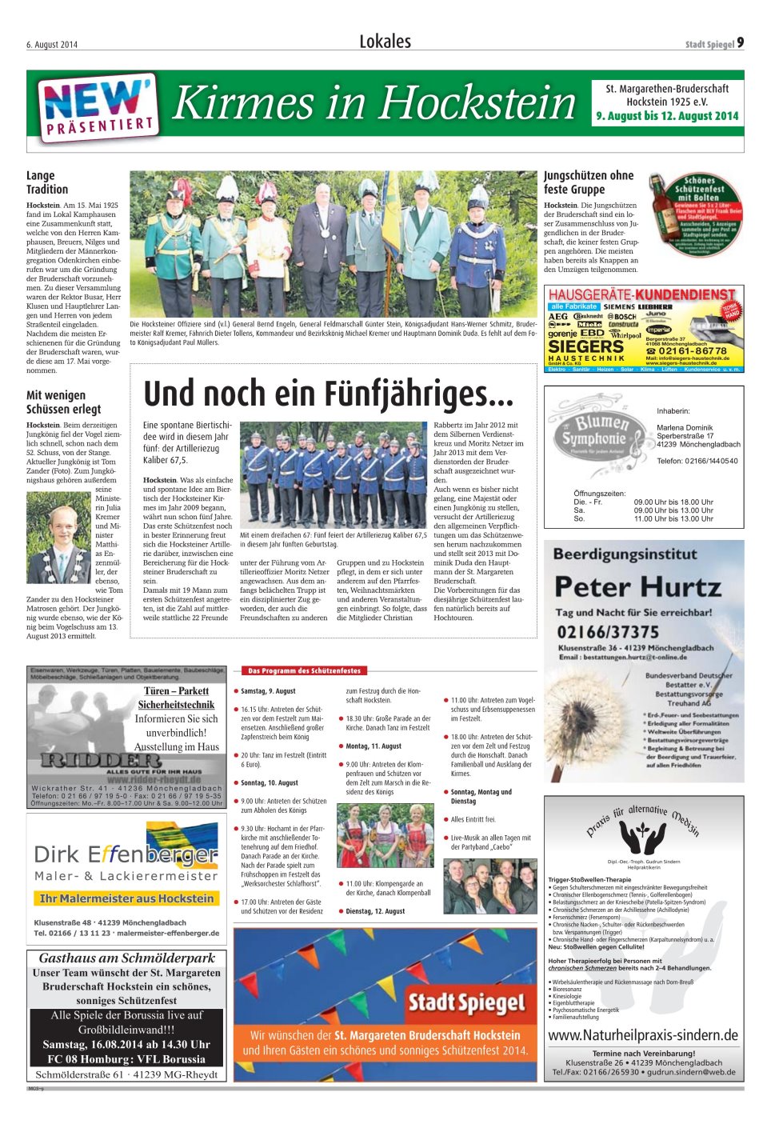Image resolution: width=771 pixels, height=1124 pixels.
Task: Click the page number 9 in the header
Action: (x=741, y=42)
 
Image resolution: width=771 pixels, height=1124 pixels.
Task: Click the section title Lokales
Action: (x=385, y=42)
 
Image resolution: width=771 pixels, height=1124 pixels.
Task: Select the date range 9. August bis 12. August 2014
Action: (x=667, y=116)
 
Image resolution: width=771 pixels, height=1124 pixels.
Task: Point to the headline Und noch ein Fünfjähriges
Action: (x=328, y=393)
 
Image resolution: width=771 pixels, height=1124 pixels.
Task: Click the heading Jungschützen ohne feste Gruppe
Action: (x=589, y=182)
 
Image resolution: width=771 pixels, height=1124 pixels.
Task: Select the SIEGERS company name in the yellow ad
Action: (x=585, y=347)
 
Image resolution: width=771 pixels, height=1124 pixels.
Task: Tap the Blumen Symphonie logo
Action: (x=593, y=431)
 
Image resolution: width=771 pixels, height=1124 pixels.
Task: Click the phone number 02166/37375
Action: (x=608, y=631)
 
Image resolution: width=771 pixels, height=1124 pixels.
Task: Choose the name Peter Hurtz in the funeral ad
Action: (x=637, y=587)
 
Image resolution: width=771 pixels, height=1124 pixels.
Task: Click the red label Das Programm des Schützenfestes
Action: (x=303, y=670)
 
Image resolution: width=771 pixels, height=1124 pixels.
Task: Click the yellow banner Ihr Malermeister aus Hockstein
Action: (x=126, y=898)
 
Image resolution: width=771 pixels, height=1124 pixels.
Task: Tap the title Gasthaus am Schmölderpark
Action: (x=127, y=958)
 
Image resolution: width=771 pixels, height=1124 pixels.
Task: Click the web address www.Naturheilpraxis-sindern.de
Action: (x=643, y=1035)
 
